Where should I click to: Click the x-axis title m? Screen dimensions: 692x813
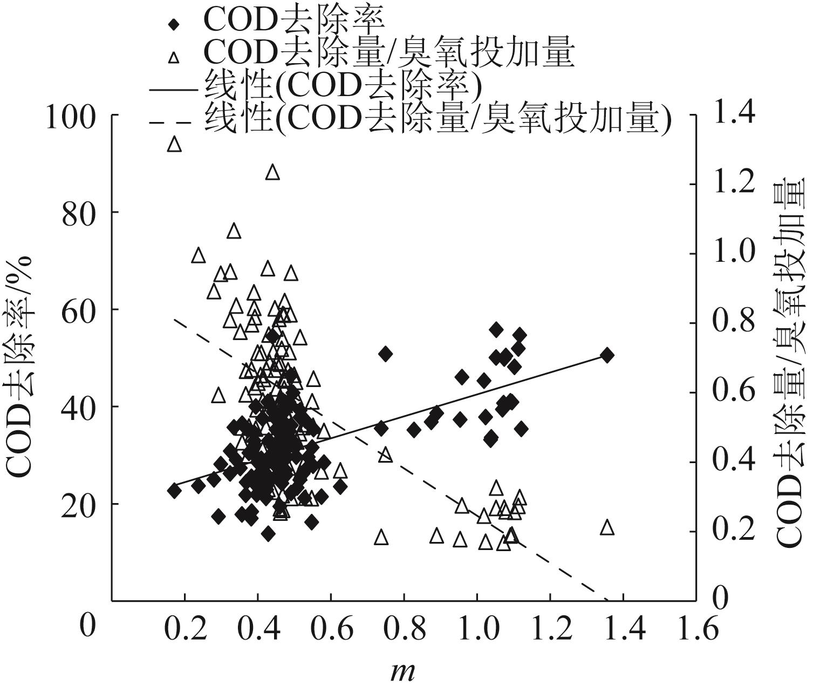click(x=403, y=671)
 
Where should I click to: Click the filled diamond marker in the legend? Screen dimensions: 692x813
click(x=173, y=24)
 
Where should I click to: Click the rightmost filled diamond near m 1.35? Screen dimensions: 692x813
click(x=607, y=355)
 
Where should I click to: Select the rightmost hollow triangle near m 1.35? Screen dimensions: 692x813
click(x=607, y=527)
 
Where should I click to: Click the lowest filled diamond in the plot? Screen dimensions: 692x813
click(x=268, y=534)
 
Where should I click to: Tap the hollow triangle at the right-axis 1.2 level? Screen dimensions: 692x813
click(x=272, y=172)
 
